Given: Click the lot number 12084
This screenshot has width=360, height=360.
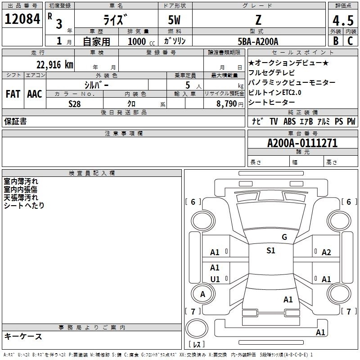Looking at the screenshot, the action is [22, 19].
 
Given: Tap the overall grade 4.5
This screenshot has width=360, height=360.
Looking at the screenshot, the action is [343, 20].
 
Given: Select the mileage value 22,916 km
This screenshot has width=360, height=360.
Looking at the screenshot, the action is [55, 64].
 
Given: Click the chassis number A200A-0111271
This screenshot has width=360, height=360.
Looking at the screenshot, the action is [302, 143].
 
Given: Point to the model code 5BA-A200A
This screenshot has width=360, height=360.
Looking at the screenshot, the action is [258, 41].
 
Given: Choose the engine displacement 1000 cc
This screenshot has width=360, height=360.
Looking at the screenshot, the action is [141, 41].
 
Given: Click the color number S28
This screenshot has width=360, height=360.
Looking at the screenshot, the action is [75, 104].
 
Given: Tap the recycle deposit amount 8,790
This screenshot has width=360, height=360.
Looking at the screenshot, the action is [227, 103].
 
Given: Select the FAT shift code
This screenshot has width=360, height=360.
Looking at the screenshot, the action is [13, 94].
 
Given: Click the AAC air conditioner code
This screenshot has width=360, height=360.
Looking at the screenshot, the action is [35, 94].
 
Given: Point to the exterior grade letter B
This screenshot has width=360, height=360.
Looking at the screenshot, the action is [336, 41].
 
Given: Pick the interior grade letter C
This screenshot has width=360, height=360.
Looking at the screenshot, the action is [350, 41].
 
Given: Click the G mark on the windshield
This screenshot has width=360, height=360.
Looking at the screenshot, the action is [284, 237].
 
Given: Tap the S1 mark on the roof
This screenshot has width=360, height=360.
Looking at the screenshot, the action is [271, 251].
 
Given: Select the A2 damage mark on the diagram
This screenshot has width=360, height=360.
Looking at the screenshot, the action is [326, 252].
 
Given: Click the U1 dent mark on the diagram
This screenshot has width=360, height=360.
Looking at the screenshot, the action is [215, 279].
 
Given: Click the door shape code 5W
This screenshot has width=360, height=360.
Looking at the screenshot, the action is [174, 20].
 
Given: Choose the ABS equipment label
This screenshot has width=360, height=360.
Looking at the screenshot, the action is [289, 121].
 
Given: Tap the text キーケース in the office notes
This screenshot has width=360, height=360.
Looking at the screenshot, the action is [23, 336].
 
